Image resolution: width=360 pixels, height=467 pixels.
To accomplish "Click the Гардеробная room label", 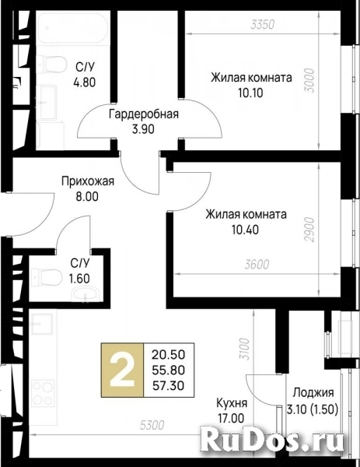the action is (x=144, y=114).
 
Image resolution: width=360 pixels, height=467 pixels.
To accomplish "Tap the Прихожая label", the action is (x=88, y=181).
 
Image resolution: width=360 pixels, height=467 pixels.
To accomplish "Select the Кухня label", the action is (x=232, y=403).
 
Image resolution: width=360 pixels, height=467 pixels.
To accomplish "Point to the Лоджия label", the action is (x=313, y=393).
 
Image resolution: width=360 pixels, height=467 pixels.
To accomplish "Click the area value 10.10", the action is (x=250, y=93).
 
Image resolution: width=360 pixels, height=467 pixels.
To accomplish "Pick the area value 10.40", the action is (x=246, y=230).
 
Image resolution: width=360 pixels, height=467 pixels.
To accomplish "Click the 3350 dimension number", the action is (x=262, y=24).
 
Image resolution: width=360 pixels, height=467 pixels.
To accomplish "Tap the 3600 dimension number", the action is (x=257, y=264).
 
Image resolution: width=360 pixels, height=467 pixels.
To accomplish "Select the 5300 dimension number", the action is (x=152, y=425).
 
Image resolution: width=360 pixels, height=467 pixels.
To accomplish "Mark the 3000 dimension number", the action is (x=309, y=81).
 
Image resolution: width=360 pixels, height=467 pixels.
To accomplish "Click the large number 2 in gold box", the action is (x=122, y=370).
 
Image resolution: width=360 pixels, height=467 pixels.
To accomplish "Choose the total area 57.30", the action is (x=169, y=386).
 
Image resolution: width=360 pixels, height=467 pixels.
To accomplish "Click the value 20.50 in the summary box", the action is (x=169, y=354).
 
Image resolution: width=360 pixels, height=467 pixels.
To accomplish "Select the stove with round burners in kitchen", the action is (x=43, y=392).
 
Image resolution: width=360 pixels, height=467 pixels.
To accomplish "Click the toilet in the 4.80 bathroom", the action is (x=53, y=64).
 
